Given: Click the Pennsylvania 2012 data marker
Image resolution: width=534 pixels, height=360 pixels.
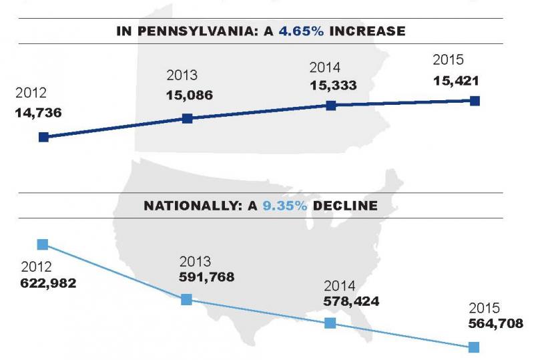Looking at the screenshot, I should (x=43, y=137).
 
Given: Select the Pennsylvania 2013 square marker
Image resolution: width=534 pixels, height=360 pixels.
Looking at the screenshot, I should (x=188, y=119).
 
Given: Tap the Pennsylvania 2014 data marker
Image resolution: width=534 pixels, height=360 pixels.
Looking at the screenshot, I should (x=330, y=106).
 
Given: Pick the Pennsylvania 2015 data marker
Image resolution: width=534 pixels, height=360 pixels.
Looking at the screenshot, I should (x=475, y=101).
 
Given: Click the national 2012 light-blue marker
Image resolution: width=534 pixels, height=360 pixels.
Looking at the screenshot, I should (x=43, y=244).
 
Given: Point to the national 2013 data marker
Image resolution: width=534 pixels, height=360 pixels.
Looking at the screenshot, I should (x=187, y=300).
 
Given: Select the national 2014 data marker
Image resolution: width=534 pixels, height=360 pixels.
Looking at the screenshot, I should (x=330, y=323).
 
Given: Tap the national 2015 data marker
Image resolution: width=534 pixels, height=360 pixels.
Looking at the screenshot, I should (x=474, y=347).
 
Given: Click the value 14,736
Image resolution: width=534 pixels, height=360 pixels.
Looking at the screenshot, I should (x=38, y=113).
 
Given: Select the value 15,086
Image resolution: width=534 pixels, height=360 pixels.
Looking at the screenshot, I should (x=190, y=95).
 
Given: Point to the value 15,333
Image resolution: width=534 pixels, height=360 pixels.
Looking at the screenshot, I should (x=333, y=85).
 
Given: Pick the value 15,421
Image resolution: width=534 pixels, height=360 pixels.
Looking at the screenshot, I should (x=455, y=81).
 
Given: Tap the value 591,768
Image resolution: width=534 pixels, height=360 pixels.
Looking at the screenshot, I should (x=207, y=276).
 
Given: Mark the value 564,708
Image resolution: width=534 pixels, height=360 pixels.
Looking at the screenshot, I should (x=495, y=325).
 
